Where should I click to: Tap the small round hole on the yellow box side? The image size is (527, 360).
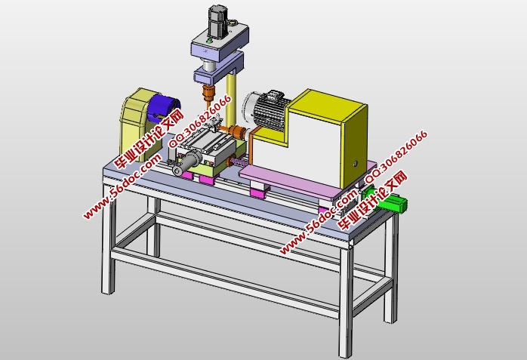point(352,162)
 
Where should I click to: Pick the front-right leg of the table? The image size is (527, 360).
point(347,302)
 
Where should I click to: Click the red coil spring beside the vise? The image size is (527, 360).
point(236,162)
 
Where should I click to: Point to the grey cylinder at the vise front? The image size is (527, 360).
point(186,166)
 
